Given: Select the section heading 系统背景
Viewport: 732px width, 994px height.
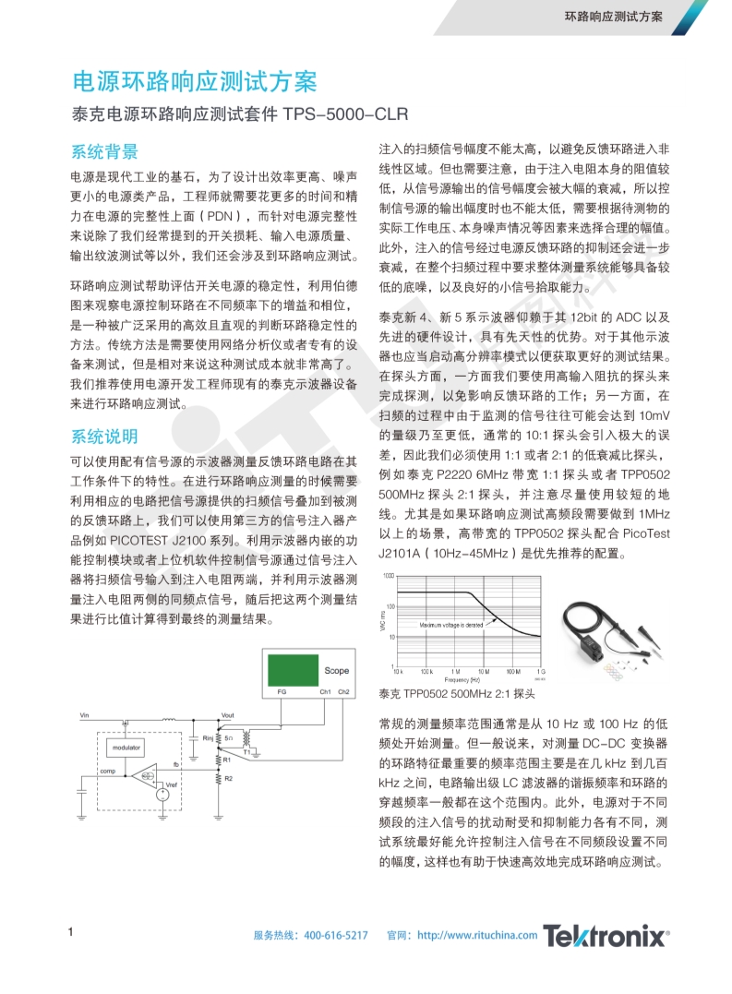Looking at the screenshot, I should click(104, 151).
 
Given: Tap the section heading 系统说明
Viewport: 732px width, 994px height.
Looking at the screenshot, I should click(104, 436).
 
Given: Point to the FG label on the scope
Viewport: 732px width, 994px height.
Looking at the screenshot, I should click(281, 692).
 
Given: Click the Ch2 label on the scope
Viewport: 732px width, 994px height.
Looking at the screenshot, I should click(343, 692).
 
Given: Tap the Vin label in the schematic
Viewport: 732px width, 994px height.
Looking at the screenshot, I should click(85, 714).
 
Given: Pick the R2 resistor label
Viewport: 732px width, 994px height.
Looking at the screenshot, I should click(228, 779).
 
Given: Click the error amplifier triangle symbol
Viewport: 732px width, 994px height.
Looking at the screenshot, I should click(144, 776).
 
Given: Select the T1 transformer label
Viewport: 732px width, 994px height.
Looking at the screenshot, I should click(246, 752).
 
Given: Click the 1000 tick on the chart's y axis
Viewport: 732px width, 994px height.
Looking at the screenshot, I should click(388, 576).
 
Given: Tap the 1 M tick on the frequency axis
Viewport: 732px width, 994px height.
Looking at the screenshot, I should click(456, 671).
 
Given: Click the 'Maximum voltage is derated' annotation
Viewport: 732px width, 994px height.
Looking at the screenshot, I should click(450, 625).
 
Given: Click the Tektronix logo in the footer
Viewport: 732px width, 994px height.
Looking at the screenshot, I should click(606, 936).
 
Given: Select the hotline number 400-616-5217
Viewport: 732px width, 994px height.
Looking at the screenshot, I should click(336, 936).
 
